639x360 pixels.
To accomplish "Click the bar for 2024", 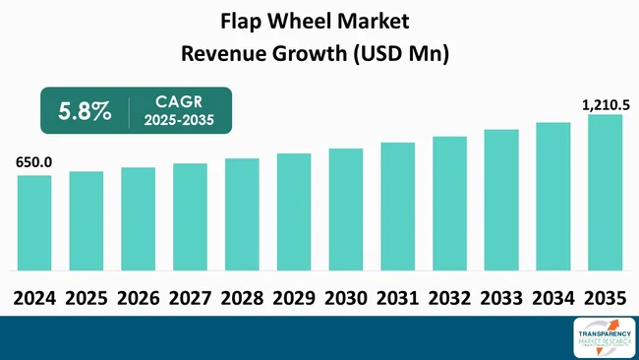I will click(x=34, y=223).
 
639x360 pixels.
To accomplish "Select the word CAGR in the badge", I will click(x=178, y=101).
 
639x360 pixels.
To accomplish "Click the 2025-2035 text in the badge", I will click(x=179, y=122).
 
